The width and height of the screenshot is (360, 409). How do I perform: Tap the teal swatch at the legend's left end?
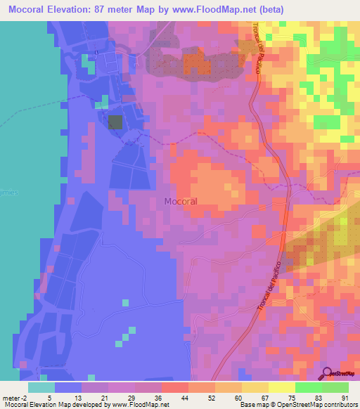tap(41, 387)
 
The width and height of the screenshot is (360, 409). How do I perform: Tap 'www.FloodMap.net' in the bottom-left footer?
tap(134, 404)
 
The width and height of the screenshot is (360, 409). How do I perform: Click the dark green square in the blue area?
tap(115, 122)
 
